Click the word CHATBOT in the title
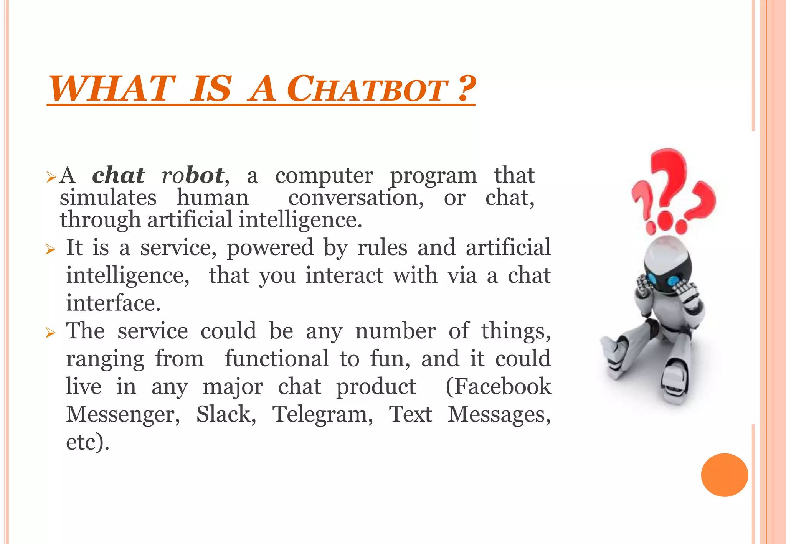pyautogui.click(x=367, y=89)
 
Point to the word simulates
pyautogui.click(x=108, y=198)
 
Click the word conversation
pyautogui.click(x=356, y=198)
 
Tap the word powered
pyautogui.click(x=270, y=247)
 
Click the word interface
pyautogui.click(x=113, y=303)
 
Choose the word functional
pyautogui.click(x=276, y=359)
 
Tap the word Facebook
pyautogui.click(x=498, y=386)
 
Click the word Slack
pyautogui.click(x=226, y=414)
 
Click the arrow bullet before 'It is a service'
pyautogui.click(x=51, y=249)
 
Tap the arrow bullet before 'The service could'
pyautogui.click(x=51, y=332)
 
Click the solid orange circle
pyautogui.click(x=724, y=475)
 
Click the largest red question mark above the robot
pyautogui.click(x=670, y=180)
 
